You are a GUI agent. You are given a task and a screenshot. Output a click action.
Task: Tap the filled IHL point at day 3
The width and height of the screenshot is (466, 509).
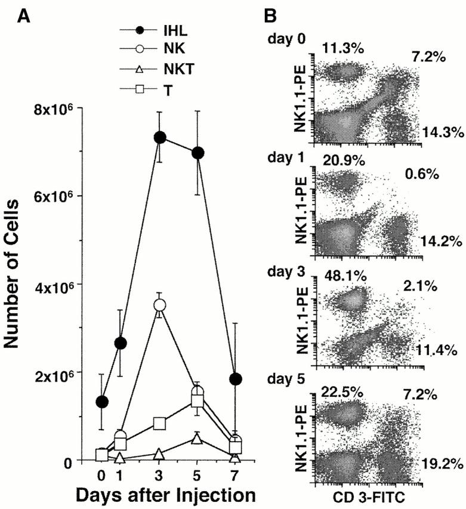pyautogui.click(x=159, y=137)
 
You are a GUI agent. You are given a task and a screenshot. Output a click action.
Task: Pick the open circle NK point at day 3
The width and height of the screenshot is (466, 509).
pyautogui.click(x=159, y=305)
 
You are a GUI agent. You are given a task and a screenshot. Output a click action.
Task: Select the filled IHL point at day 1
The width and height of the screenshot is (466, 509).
pyautogui.click(x=121, y=343)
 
